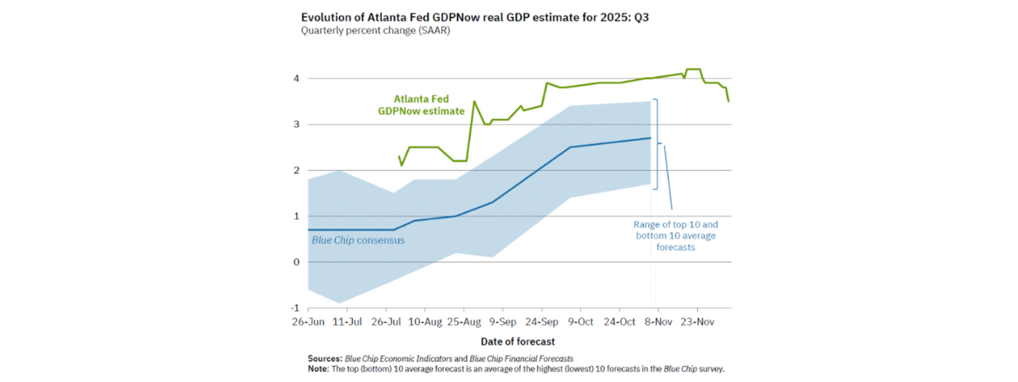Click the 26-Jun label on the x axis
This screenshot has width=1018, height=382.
(309, 323)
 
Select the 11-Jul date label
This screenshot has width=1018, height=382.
(348, 323)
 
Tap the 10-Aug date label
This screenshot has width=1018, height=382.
(425, 323)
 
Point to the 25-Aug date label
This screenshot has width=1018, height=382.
(463, 323)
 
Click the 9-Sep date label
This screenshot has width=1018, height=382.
(502, 323)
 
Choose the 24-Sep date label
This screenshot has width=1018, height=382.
(541, 323)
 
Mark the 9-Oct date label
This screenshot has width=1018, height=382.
(580, 323)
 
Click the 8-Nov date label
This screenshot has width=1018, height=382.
(657, 323)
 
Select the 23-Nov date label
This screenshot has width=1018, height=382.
(696, 323)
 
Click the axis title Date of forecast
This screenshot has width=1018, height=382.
(517, 341)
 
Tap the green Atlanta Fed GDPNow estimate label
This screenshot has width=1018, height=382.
(422, 104)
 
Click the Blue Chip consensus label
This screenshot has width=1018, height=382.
(358, 240)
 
